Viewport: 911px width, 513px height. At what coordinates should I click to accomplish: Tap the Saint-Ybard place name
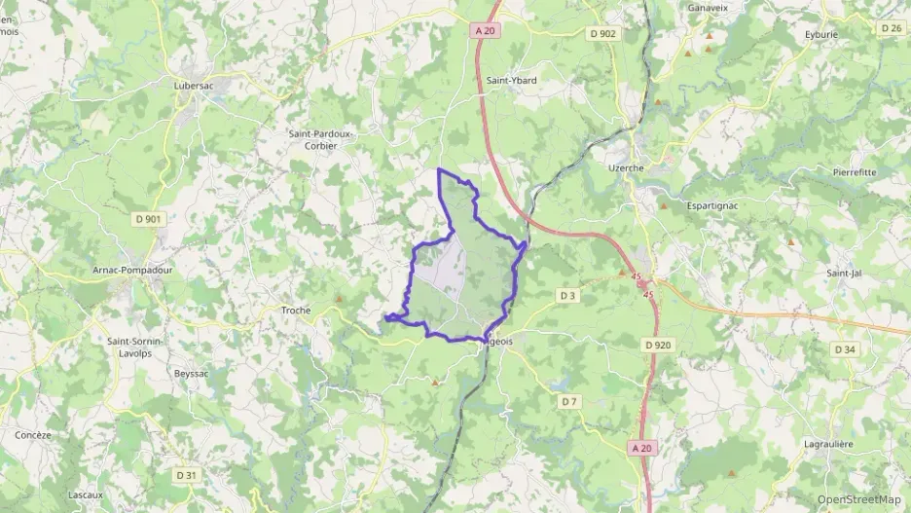click(x=512, y=81)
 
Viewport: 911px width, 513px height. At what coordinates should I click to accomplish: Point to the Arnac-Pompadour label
click(x=132, y=270)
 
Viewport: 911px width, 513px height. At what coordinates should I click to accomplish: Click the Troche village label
click(x=296, y=311)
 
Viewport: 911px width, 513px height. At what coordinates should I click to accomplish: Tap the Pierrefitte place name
click(x=855, y=171)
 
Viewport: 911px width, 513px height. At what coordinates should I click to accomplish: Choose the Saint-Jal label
click(x=844, y=274)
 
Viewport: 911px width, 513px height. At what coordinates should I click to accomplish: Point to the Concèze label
click(x=34, y=435)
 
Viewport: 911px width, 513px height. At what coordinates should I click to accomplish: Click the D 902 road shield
click(x=603, y=33)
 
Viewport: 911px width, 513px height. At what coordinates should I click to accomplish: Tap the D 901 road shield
click(x=147, y=219)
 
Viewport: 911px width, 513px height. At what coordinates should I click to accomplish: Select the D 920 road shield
click(x=658, y=345)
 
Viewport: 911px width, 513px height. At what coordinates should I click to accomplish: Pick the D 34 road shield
click(x=845, y=348)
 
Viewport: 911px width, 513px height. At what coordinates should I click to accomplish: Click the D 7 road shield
click(x=569, y=401)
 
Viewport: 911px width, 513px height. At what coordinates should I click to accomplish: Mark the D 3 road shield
click(x=568, y=294)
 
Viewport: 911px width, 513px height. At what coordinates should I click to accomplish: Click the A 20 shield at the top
click(x=486, y=31)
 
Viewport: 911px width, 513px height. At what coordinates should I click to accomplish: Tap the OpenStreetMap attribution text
click(x=858, y=499)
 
